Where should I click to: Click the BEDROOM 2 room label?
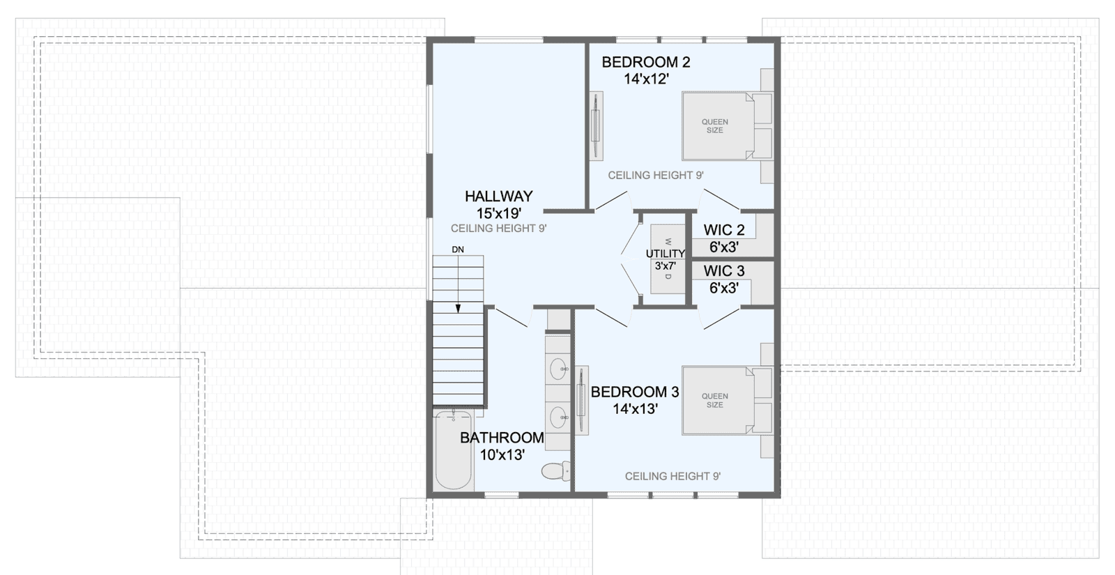click(x=645, y=62)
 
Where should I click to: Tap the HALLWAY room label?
click(x=499, y=196)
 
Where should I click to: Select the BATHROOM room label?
click(x=502, y=438)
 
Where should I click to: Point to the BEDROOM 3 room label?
click(x=635, y=392)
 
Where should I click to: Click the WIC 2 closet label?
click(x=724, y=230)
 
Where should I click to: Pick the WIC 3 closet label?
click(x=724, y=271)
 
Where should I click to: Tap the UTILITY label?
click(x=665, y=254)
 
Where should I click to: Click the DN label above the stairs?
click(x=458, y=250)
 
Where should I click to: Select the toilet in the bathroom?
click(x=555, y=471)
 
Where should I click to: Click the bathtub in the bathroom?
click(x=453, y=450)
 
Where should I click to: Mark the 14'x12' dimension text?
click(x=646, y=79)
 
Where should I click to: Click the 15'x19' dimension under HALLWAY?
click(x=499, y=213)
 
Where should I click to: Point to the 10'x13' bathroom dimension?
click(x=502, y=454)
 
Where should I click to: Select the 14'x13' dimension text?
click(x=635, y=408)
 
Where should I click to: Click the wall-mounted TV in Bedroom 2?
click(x=596, y=125)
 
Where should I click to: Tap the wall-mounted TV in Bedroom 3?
click(x=581, y=400)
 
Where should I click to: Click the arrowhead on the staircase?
click(x=458, y=309)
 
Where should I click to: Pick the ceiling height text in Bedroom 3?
click(x=672, y=477)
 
